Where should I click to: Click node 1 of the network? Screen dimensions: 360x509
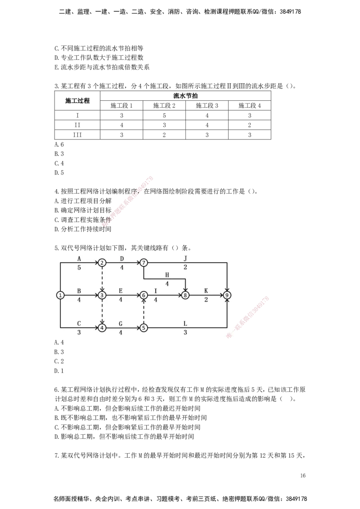click(x=60, y=295)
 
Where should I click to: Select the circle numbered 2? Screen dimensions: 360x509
click(x=102, y=263)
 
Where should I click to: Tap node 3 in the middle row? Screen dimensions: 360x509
click(x=102, y=295)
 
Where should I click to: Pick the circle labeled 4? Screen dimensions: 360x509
click(x=102, y=327)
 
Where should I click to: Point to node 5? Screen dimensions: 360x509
click(x=144, y=327)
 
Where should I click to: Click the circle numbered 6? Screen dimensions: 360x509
click(x=144, y=295)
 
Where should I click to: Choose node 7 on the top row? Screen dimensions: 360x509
click(x=144, y=263)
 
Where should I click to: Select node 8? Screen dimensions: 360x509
click(x=185, y=295)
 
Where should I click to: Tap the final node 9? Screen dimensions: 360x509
click(x=227, y=295)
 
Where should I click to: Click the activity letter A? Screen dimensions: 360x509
click(x=79, y=259)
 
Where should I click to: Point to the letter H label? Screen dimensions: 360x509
click(x=167, y=275)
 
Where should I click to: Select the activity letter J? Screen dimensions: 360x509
click(x=185, y=259)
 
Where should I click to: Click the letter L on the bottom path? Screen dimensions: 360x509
click(x=185, y=323)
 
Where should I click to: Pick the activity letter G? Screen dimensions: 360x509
click(x=121, y=323)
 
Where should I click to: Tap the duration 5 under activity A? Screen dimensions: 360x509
click(x=79, y=268)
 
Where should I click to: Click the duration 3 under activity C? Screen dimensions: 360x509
click(x=79, y=332)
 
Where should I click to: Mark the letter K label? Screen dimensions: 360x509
click(x=206, y=291)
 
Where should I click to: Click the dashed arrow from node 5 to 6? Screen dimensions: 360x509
click(x=144, y=311)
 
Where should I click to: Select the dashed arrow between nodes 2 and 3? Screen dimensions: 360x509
click(x=102, y=279)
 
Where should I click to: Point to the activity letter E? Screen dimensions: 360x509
click(x=121, y=291)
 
